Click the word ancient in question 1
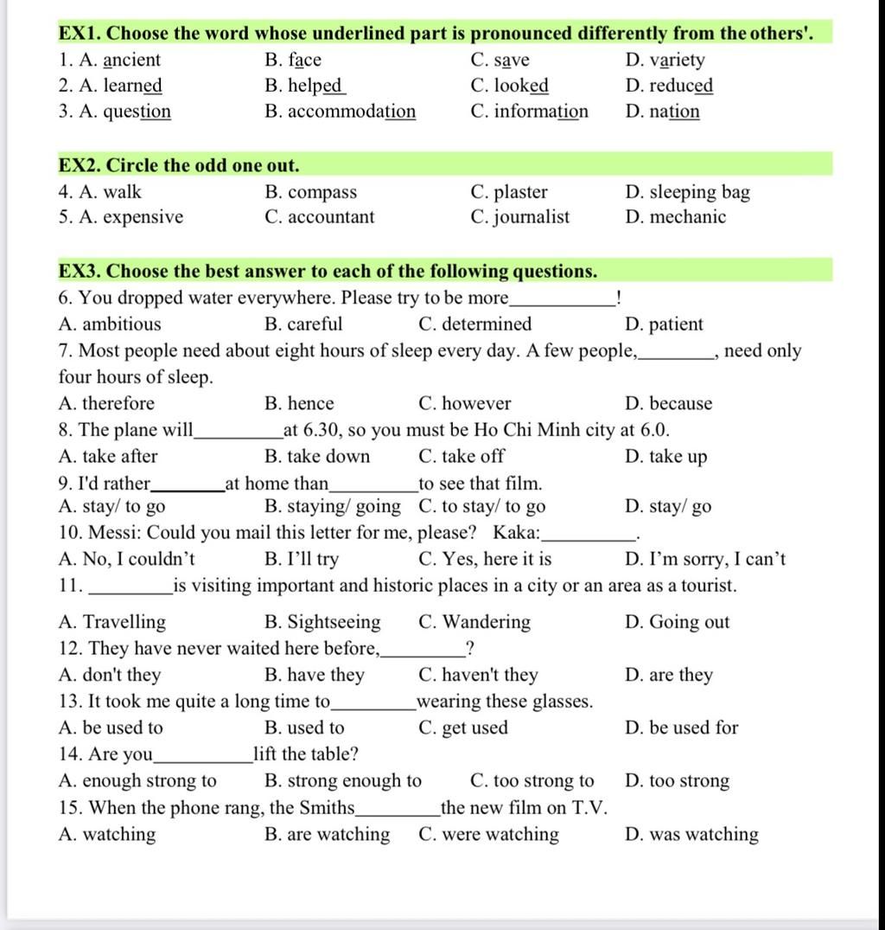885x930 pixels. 131,61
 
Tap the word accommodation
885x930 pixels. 351,112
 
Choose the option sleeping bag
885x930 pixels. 699,192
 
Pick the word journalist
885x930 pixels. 532,217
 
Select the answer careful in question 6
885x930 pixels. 315,324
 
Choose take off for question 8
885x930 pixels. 473,457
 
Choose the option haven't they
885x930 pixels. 489,676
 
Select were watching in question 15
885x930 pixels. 500,835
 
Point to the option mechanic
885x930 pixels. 687,217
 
